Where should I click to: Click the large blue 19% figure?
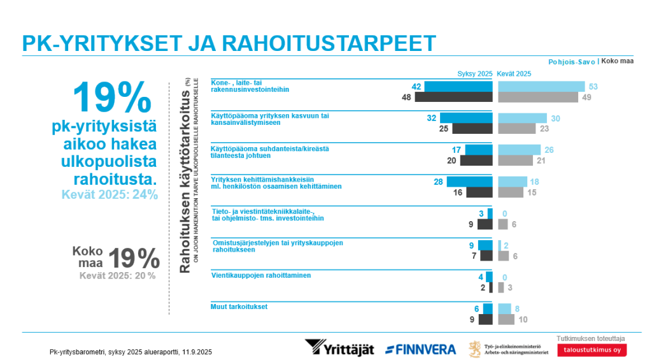[x=112, y=97]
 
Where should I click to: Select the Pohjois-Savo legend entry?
[x=571, y=62]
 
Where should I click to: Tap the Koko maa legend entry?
[x=618, y=61]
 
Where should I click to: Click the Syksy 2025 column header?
[x=475, y=74]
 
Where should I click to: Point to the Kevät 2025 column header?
[x=514, y=74]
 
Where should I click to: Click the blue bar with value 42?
[x=458, y=87]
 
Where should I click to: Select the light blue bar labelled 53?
[x=541, y=87]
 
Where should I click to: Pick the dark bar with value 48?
[x=453, y=97]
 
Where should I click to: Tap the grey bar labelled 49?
[x=538, y=97]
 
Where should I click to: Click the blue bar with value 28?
[x=470, y=182]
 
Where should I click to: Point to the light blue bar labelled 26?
[x=520, y=150]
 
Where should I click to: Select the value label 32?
[x=432, y=119]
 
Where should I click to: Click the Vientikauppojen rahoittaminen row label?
[x=261, y=275]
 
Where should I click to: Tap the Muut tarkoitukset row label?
[x=239, y=306]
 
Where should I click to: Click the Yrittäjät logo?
[x=339, y=348]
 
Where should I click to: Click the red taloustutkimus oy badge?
[x=592, y=350]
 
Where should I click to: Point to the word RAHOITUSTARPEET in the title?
[x=329, y=43]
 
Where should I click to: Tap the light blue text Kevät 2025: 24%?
[x=110, y=194]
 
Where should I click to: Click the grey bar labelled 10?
[x=506, y=320]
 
